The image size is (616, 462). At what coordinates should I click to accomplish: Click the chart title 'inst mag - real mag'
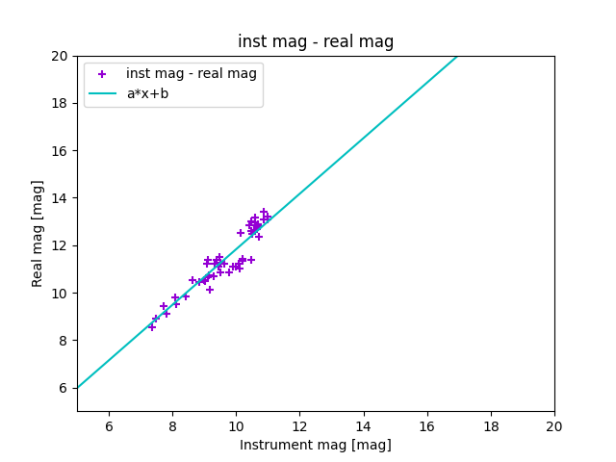click(x=316, y=41)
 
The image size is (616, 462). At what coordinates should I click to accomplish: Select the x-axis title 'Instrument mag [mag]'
click(x=316, y=445)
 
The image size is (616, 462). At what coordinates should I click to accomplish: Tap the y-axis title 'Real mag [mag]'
click(x=38, y=233)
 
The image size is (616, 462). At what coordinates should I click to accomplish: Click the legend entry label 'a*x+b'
click(x=147, y=93)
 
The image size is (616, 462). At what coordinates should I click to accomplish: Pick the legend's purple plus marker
click(x=102, y=74)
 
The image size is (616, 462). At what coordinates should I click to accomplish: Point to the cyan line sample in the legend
click(x=102, y=93)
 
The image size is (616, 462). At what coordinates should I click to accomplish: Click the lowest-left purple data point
click(x=151, y=327)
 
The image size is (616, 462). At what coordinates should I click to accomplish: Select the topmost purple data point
click(x=264, y=212)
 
